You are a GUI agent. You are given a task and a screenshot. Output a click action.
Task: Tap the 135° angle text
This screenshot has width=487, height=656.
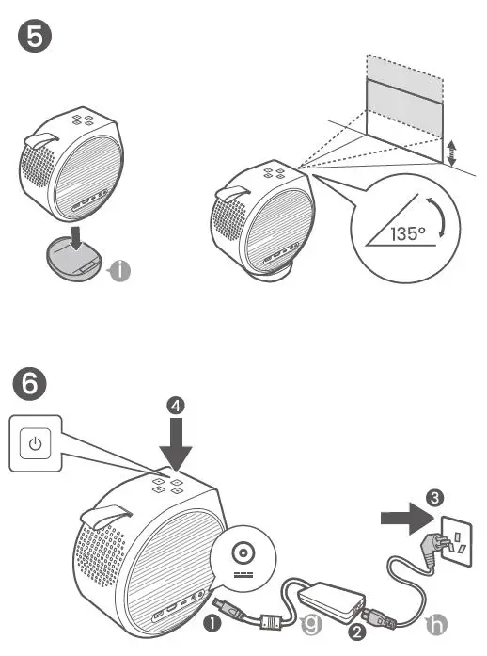click(x=408, y=232)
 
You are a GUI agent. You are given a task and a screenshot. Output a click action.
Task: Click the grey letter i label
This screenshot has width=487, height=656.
click(x=119, y=271)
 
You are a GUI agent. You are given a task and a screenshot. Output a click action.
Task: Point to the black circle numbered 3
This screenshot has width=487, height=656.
click(x=432, y=497)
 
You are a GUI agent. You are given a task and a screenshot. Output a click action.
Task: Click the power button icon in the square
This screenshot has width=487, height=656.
click(x=37, y=443)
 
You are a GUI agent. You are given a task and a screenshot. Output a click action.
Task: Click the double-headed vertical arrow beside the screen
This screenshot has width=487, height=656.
click(x=453, y=153)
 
